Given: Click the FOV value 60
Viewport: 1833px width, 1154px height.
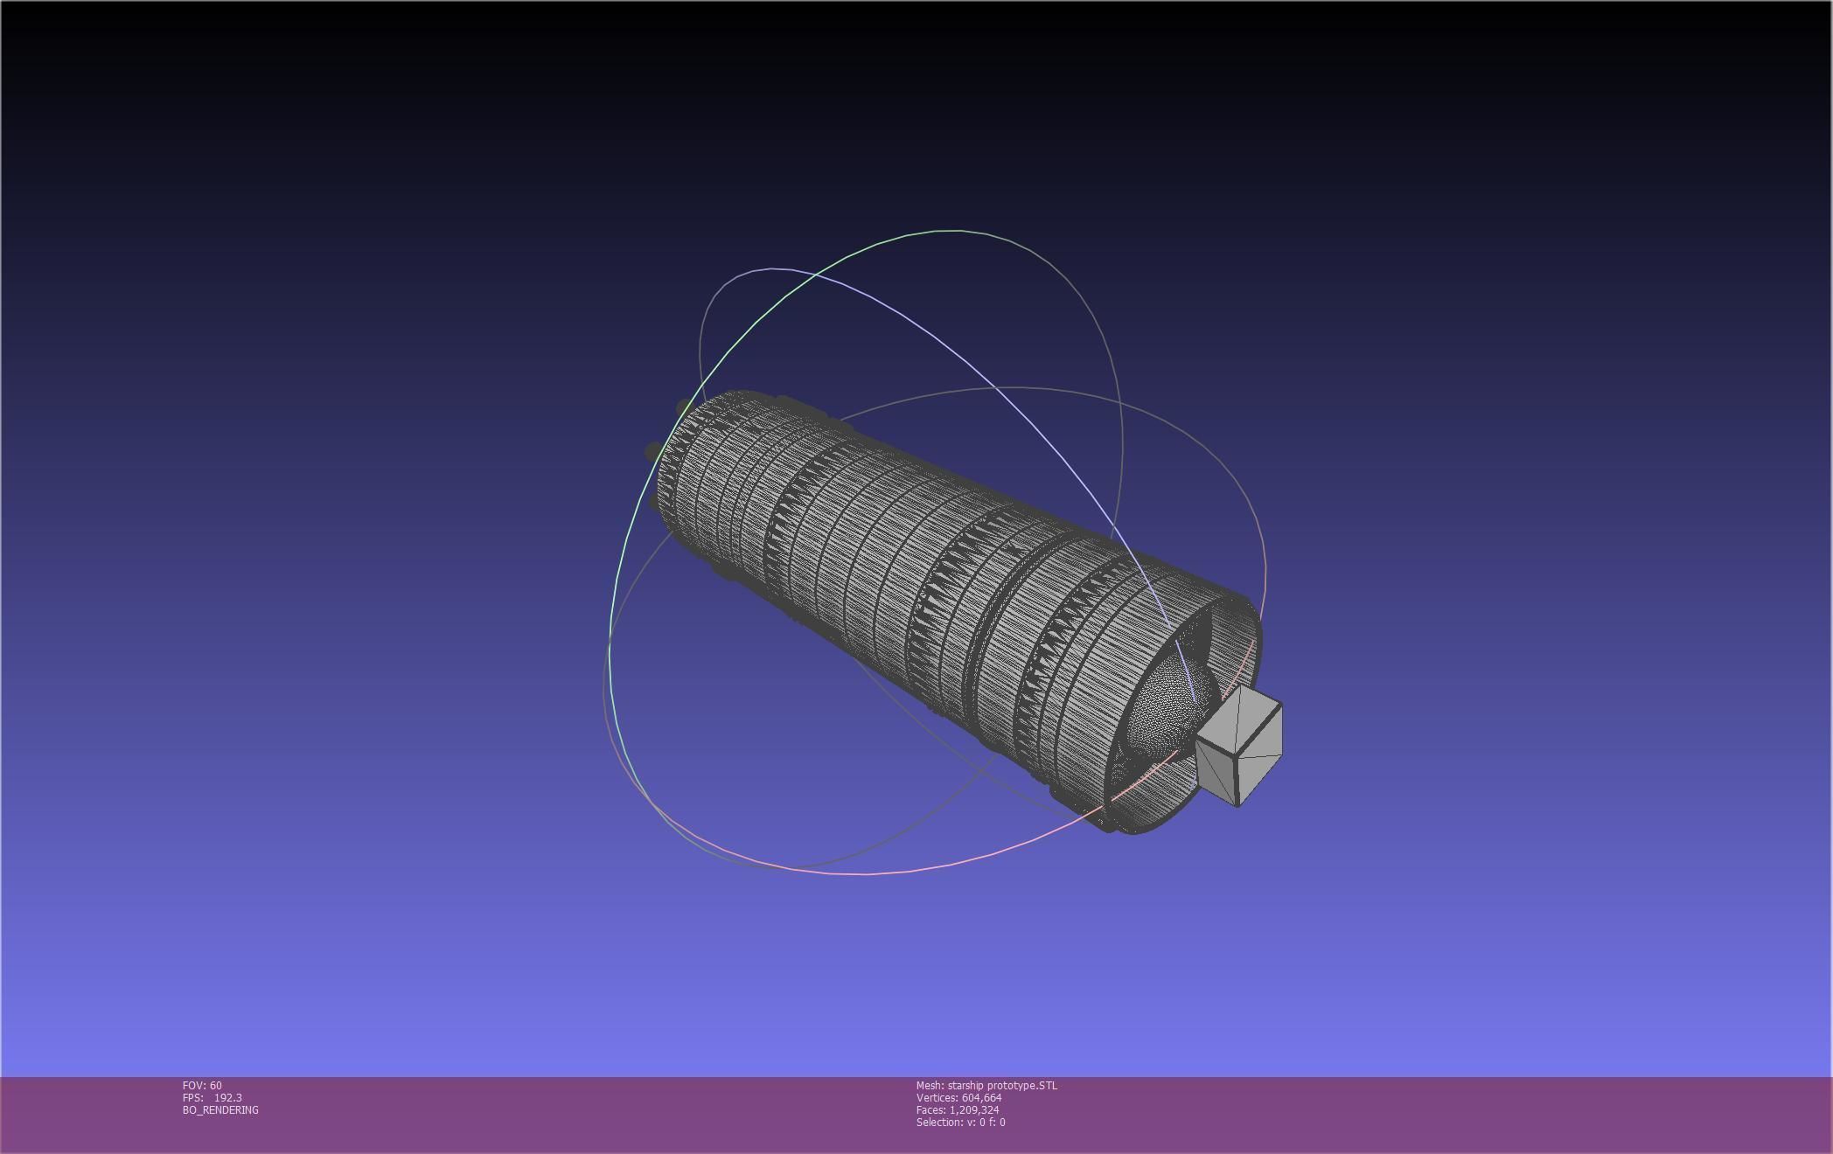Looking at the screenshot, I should [x=216, y=1086].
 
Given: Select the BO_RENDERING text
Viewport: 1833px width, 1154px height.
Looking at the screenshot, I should [x=220, y=1110].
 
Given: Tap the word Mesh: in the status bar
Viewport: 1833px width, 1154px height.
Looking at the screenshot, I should [x=930, y=1086].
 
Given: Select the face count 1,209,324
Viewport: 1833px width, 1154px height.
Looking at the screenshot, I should [x=974, y=1110].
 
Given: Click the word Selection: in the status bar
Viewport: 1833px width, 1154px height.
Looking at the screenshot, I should [x=937, y=1123].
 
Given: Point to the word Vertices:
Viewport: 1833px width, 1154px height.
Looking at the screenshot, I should [x=937, y=1098].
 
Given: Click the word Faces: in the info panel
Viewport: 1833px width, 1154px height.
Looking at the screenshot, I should [x=930, y=1110].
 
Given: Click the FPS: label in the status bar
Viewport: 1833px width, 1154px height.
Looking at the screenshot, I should [x=192, y=1098].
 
